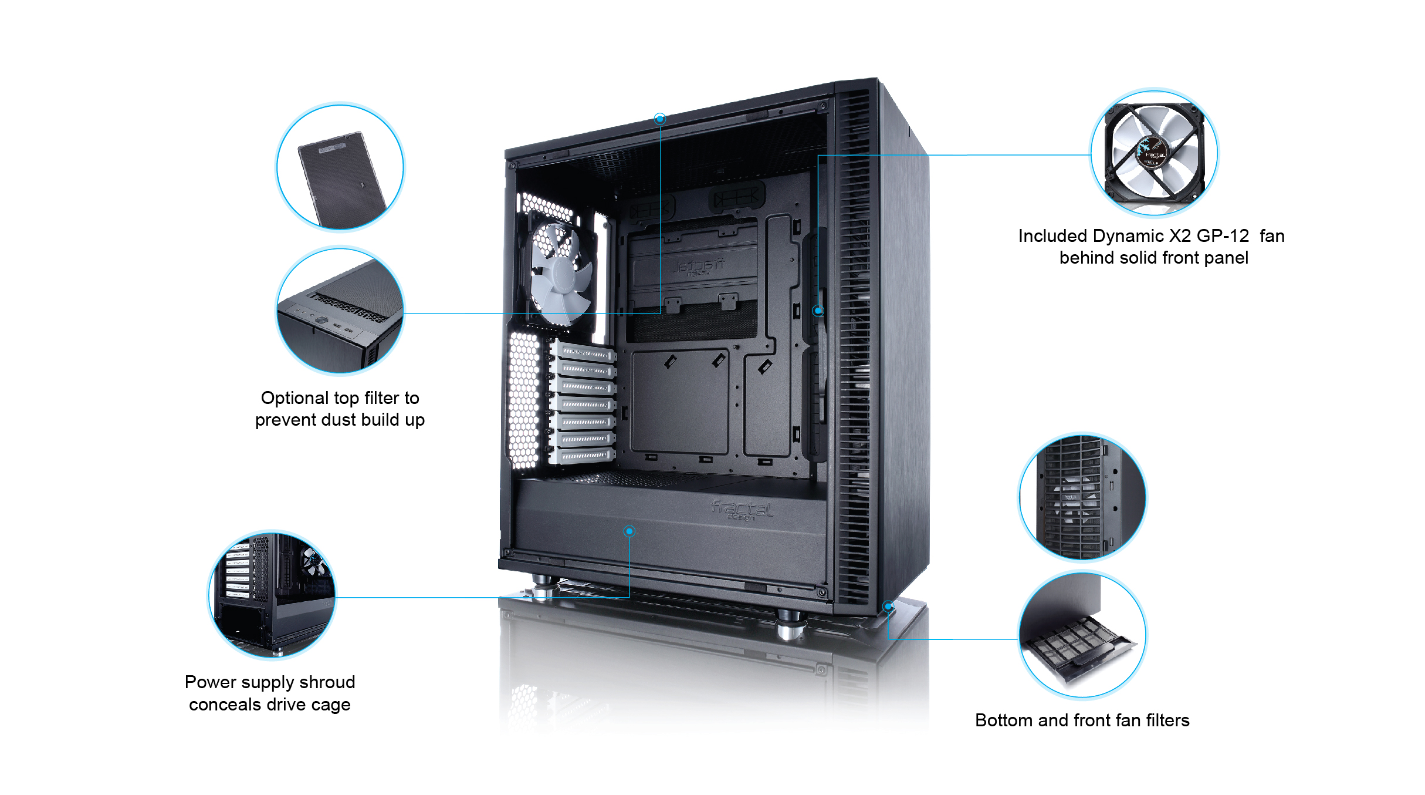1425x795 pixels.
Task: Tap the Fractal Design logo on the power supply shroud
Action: click(x=742, y=510)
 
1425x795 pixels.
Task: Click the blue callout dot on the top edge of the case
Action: click(x=660, y=119)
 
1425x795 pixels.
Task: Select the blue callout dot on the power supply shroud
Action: click(x=629, y=531)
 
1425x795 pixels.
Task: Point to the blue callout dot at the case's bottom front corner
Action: click(x=888, y=606)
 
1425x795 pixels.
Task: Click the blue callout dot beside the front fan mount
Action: click(x=818, y=311)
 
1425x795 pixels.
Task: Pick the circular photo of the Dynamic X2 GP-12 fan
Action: click(x=1154, y=153)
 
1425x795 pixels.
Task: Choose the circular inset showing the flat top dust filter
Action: click(x=340, y=168)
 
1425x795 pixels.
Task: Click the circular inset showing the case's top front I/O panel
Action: click(x=340, y=311)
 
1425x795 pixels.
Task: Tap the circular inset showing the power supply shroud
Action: click(x=272, y=595)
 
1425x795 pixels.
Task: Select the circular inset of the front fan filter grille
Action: click(x=1082, y=497)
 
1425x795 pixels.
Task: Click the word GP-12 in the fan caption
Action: click(x=1223, y=236)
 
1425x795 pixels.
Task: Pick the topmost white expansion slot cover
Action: click(x=584, y=353)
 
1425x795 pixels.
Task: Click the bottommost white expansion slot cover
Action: click(x=584, y=456)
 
